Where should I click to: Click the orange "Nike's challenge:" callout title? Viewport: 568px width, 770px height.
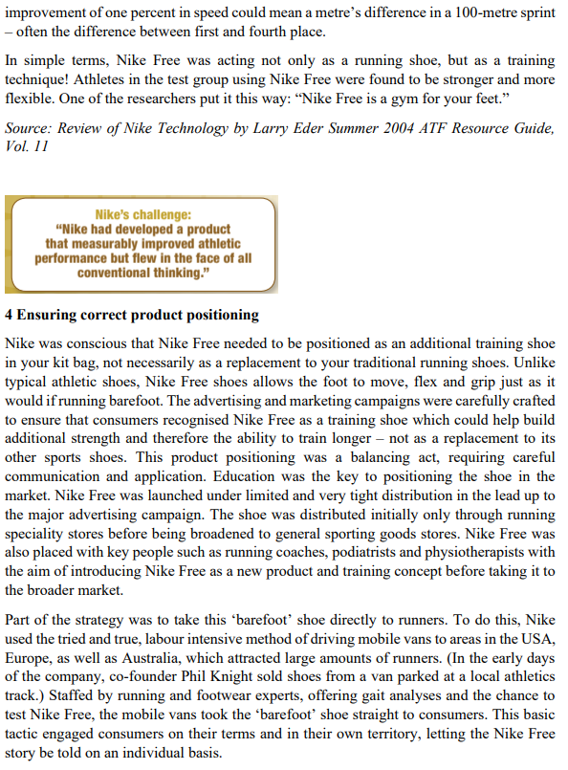click(x=142, y=214)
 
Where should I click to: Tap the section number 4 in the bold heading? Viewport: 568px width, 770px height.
click(x=10, y=315)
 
